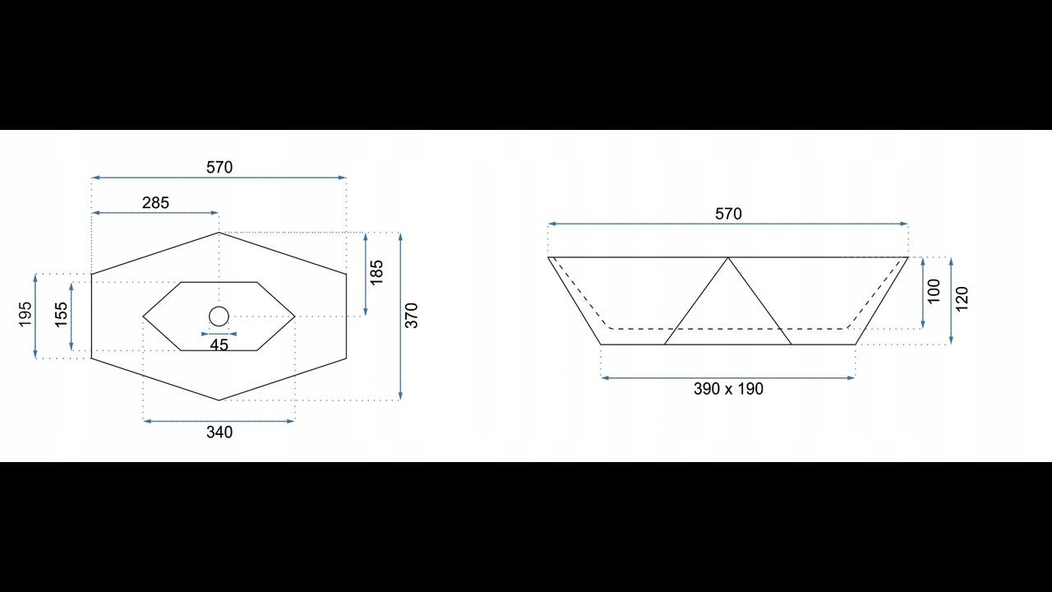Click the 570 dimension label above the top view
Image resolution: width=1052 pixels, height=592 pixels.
coord(219,167)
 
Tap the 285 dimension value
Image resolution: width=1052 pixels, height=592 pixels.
coord(155,203)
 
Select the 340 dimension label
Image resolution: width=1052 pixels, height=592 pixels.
coord(219,432)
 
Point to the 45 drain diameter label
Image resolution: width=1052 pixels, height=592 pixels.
coord(219,345)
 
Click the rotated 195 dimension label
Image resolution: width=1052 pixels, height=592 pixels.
coord(25,314)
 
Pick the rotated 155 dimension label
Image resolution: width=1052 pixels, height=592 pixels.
coord(62,315)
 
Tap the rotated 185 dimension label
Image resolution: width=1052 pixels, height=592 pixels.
coord(376,272)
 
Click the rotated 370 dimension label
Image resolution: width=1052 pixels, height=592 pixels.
coord(412,316)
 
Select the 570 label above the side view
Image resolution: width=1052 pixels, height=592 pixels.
coord(728,215)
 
